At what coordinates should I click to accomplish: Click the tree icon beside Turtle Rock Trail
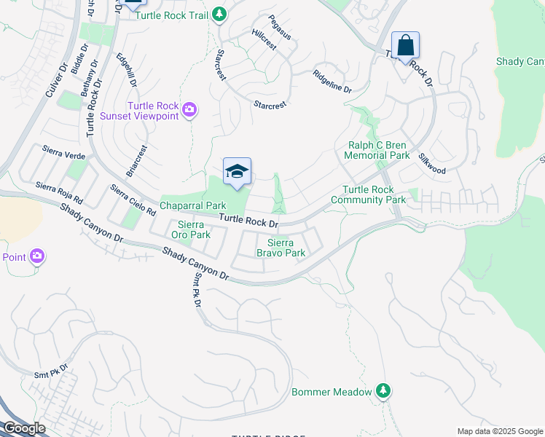coord(219,15)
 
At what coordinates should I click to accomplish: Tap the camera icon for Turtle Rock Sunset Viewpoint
coord(189,110)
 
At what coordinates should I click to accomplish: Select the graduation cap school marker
coord(237,172)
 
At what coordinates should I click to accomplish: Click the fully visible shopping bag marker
coord(405,46)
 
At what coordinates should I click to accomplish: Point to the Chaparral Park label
coord(193,206)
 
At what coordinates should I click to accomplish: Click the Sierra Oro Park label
coord(190,230)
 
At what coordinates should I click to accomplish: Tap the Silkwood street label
coord(432,163)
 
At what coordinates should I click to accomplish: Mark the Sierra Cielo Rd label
coord(133,200)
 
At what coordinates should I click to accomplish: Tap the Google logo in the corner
coord(23,428)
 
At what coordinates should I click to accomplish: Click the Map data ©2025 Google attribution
coord(499,431)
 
